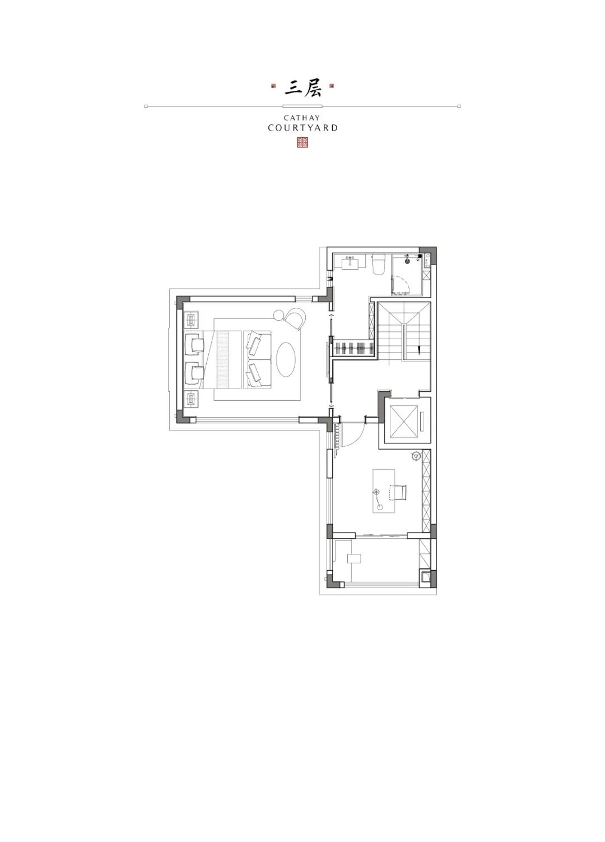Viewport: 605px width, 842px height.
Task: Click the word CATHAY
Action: point(302,118)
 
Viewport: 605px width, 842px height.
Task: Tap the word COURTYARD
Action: point(302,128)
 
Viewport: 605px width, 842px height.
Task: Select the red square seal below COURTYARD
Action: point(302,142)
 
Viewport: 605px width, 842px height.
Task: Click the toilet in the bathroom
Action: point(378,264)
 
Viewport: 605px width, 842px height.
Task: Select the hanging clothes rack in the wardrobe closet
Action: point(353,348)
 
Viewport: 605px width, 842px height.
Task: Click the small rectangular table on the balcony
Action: point(354,558)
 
